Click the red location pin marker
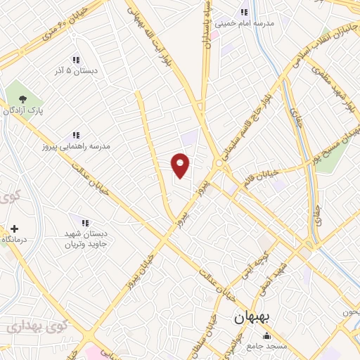pos(181,165)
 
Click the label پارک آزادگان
pos(22,111)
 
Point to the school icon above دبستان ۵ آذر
pos(75,60)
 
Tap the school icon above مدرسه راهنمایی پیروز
pos(75,135)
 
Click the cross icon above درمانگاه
pos(15,229)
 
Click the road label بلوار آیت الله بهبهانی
pos(143,25)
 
